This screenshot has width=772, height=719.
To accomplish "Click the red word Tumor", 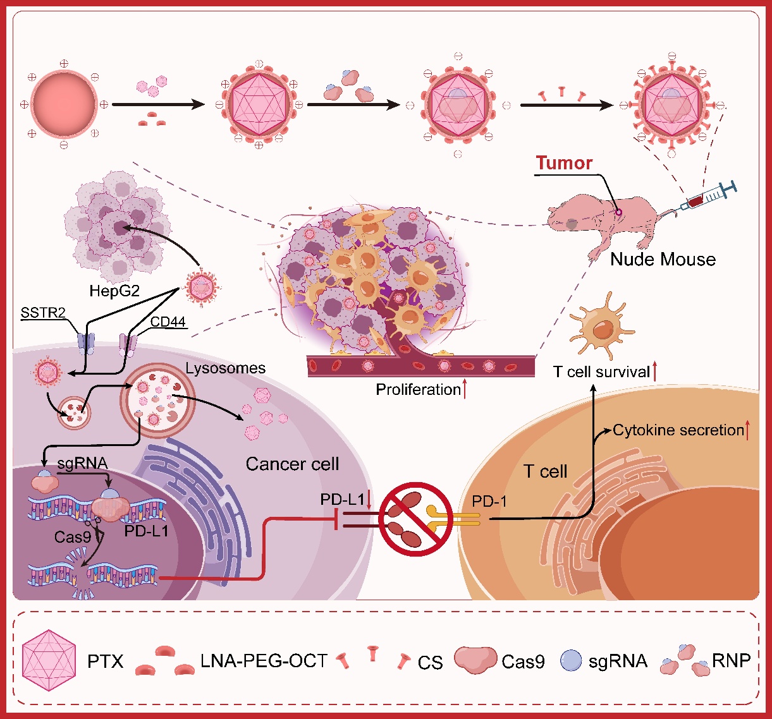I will point(564,163).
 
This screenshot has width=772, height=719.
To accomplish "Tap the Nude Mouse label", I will point(663,259).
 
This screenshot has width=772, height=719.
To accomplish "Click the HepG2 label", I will point(114,292).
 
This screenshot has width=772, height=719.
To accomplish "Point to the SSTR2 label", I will point(43,313).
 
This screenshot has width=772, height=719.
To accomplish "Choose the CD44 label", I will point(168,322).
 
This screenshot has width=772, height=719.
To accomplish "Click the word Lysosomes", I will point(226,368).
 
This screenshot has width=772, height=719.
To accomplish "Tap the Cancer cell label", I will point(292,464).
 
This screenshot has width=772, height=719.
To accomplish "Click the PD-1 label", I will point(489,502).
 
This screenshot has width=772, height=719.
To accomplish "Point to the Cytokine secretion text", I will point(678,431).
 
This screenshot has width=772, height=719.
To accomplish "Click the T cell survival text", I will point(601,372).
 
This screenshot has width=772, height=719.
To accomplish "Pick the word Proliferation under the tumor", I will point(418,389).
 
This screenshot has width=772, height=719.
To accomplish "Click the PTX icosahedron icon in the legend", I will point(49,661).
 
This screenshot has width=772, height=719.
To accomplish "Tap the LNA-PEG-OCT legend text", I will point(264,662).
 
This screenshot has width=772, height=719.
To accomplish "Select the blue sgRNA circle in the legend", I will point(570,661).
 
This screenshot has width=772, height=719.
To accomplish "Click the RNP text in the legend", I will point(731,661).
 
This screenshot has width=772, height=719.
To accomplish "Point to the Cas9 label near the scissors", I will point(73,537).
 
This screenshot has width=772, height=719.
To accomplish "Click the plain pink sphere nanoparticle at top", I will point(64,105).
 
